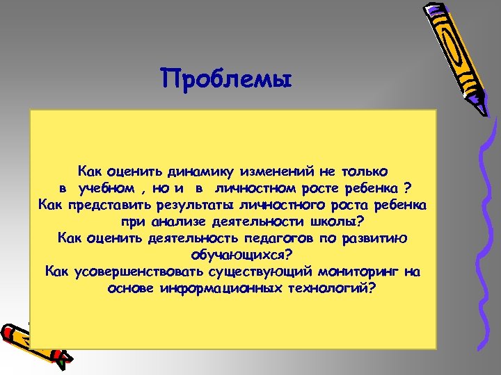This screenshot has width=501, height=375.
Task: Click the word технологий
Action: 331,288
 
